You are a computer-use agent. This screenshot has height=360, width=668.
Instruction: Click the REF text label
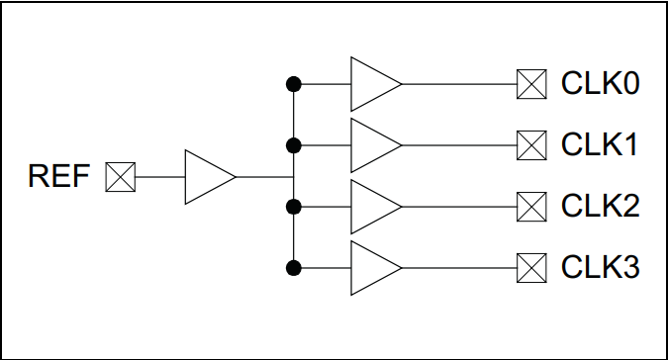coord(59,177)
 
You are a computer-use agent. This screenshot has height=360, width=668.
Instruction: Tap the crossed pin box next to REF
coord(121,177)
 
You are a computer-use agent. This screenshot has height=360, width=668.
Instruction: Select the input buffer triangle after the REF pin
coord(206,177)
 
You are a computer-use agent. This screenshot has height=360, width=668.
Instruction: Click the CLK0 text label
coord(600,84)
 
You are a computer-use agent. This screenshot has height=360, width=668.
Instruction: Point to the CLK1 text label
coord(600,145)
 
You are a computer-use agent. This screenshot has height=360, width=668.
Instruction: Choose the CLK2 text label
coord(600,207)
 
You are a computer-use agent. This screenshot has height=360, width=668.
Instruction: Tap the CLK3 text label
coord(600,268)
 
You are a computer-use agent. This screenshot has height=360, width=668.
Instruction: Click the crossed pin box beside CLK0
coord(531,84)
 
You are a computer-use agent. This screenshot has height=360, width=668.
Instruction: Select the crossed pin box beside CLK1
coord(531,145)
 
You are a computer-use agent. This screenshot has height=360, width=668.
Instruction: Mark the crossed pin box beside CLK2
coord(531,207)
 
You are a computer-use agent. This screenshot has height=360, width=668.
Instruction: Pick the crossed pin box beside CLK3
coord(531,268)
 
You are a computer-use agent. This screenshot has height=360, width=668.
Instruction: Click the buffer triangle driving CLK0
coord(372,84)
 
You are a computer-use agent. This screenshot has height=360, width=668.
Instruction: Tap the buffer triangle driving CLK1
coord(372,145)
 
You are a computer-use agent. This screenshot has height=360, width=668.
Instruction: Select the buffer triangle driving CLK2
coord(372,207)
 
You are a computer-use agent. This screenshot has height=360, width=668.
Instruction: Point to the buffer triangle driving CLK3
coord(372,268)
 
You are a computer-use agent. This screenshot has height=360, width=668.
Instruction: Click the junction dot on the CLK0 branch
coord(293,84)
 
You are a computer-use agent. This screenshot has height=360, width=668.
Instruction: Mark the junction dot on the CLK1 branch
coord(293,145)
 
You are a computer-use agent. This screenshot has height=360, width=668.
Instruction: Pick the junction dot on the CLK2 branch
coord(293,207)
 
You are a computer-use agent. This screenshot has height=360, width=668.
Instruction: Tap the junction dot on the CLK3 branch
coord(293,268)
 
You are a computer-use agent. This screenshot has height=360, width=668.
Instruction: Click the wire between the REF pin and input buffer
coord(159,177)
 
